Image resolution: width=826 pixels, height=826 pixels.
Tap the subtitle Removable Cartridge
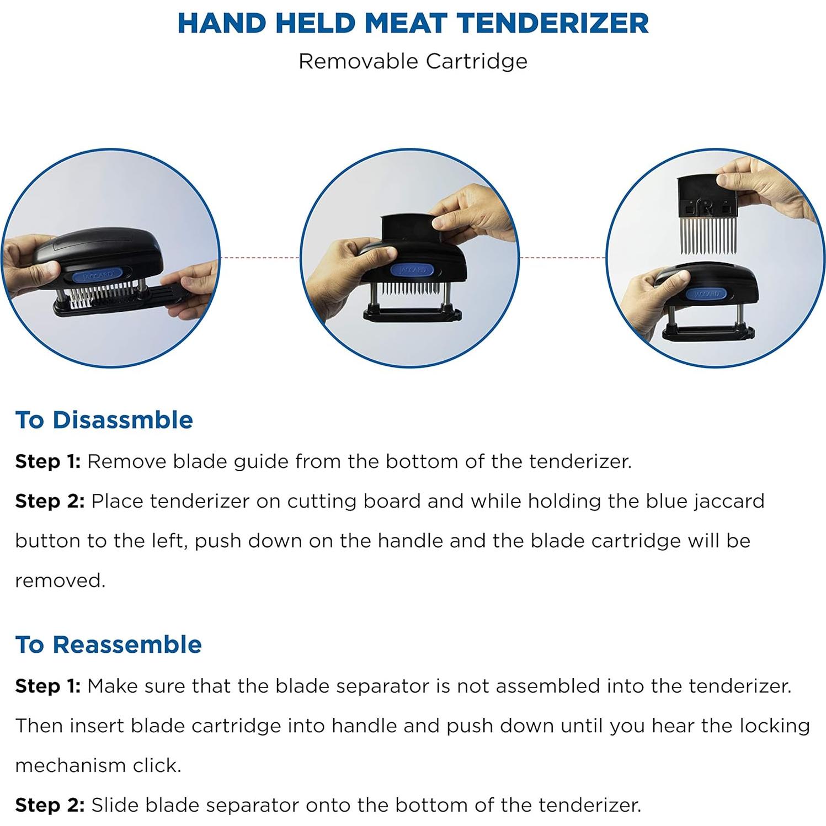(413, 61)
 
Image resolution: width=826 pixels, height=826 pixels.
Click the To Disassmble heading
(104, 420)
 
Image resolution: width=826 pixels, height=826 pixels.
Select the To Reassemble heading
(109, 644)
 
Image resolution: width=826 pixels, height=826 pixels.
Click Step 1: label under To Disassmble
(48, 461)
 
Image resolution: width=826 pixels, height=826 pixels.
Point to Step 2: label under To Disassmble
(50, 501)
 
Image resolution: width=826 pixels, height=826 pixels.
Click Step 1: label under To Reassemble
(48, 686)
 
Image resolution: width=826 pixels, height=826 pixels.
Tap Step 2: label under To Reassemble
(50, 805)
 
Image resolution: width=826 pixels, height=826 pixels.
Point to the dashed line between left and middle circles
(260, 258)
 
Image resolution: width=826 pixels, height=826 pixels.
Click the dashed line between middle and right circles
(562, 258)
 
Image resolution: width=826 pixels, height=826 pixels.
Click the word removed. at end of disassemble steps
(60, 580)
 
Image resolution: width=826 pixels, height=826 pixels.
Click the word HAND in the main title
(220, 23)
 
